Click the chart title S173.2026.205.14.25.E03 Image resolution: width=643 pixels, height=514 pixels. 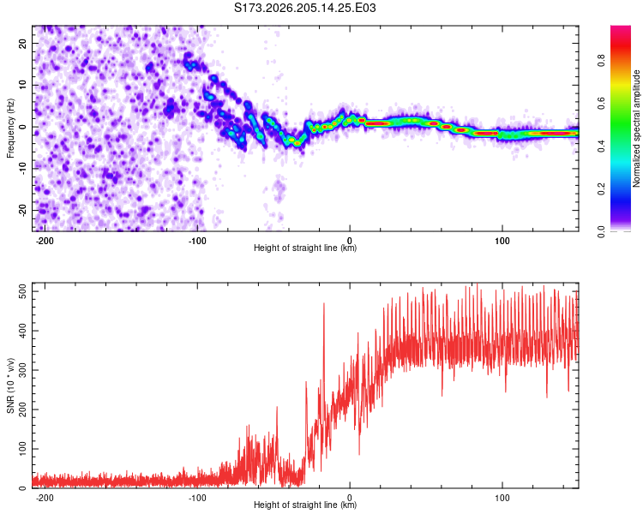pyautogui.click(x=304, y=8)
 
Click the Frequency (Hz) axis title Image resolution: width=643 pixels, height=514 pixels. pyautogui.click(x=10, y=128)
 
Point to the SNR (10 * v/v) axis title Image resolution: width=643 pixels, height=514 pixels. pyautogui.click(x=10, y=385)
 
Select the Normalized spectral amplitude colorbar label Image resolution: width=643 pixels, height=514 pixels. pyautogui.click(x=636, y=128)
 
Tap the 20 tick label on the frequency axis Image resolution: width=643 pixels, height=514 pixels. pyautogui.click(x=22, y=43)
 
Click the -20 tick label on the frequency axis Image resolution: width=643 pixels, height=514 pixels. pyautogui.click(x=22, y=210)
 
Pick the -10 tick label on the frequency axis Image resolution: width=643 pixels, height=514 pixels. pyautogui.click(x=22, y=169)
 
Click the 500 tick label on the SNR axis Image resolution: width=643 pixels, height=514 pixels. pyautogui.click(x=23, y=291)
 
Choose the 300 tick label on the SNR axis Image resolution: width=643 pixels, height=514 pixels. pyautogui.click(x=23, y=370)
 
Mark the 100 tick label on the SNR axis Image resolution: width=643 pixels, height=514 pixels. pyautogui.click(x=23, y=449)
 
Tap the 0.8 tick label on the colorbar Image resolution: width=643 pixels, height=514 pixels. pyautogui.click(x=601, y=61)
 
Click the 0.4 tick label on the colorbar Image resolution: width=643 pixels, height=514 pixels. pyautogui.click(x=601, y=146)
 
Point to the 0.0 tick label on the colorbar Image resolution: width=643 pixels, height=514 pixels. pyautogui.click(x=601, y=231)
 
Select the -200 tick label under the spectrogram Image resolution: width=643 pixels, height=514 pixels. pyautogui.click(x=45, y=241)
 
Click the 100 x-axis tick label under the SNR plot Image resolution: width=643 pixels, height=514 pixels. pyautogui.click(x=502, y=498)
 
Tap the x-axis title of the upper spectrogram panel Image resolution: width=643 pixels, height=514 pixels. pyautogui.click(x=305, y=248)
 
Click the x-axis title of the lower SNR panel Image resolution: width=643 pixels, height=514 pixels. pyautogui.click(x=305, y=505)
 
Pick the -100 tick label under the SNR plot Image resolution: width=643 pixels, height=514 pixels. pyautogui.click(x=197, y=498)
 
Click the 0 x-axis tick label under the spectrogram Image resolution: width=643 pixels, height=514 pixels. pyautogui.click(x=350, y=241)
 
